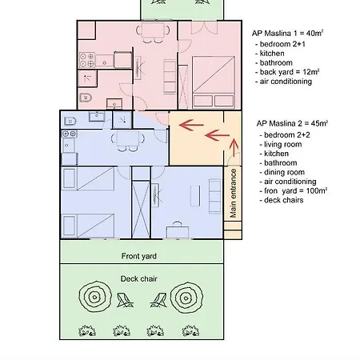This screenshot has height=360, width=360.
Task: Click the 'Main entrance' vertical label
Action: [233, 193]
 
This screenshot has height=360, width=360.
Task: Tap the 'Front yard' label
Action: [139, 256]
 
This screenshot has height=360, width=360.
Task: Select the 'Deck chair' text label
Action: [138, 279]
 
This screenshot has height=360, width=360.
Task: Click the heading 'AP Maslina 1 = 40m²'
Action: [287, 34]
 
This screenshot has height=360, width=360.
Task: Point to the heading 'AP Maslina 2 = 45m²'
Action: [292, 123]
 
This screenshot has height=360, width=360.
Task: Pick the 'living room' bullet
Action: [281, 144]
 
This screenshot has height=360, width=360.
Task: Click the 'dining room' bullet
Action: [282, 172]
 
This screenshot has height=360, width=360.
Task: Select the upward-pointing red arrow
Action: [234, 147]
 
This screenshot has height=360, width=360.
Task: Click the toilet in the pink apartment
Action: [86, 98]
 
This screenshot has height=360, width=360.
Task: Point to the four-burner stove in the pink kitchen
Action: [87, 60]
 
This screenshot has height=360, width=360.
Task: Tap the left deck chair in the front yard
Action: [125, 300]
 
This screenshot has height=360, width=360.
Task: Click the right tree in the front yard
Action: [186, 297]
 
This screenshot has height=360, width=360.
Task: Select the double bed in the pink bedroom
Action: [214, 82]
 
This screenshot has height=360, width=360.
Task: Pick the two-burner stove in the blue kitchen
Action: [70, 134]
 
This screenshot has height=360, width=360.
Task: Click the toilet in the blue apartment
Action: [70, 122]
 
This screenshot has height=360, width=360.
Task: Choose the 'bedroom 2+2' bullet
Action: [285, 135]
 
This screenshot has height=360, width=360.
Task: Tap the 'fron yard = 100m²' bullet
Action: [294, 191]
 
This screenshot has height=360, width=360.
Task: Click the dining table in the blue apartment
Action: [128, 138]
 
